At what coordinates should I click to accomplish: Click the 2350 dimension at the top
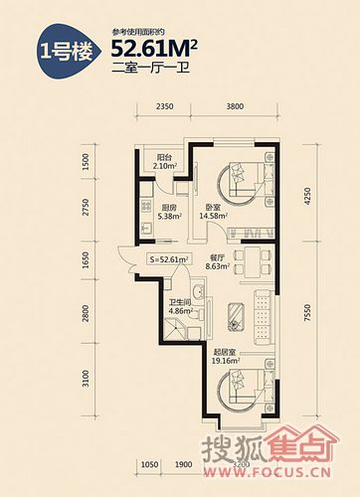click(165, 106)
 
